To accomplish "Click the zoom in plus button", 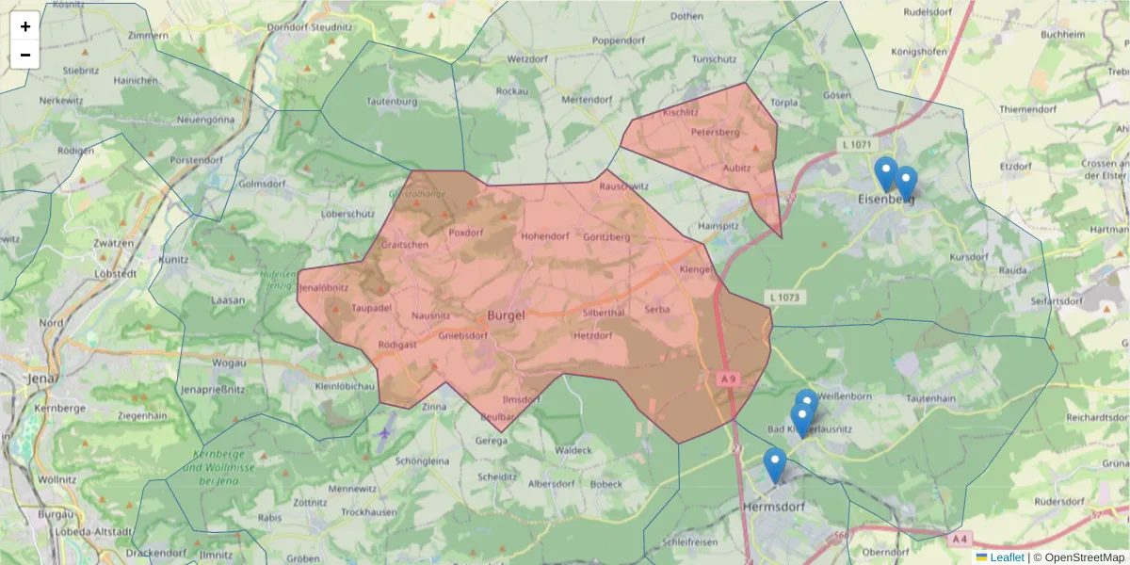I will tap(25, 26).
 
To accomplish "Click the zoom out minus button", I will tap(25, 55).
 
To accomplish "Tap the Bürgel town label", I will tap(506, 315).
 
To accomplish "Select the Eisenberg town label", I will tap(886, 199).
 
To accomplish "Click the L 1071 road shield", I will tap(854, 144).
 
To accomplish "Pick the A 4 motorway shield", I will tap(960, 540).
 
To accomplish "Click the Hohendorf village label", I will tap(545, 235).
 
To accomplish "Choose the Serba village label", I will tap(657, 308).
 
